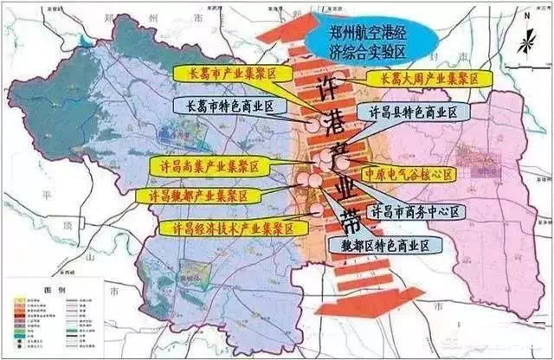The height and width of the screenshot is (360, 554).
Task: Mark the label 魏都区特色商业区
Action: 386,246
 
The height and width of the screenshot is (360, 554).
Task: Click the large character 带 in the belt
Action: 341,219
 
